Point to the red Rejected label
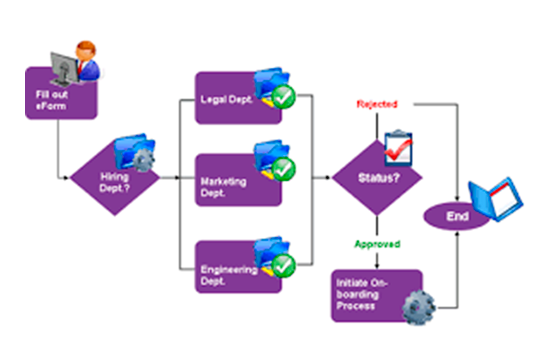pos(377,104)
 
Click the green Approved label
pos(377,244)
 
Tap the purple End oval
pos(457,216)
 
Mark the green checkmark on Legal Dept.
pos(284,97)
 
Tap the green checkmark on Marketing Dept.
pos(284,169)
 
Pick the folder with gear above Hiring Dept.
pos(135,151)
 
